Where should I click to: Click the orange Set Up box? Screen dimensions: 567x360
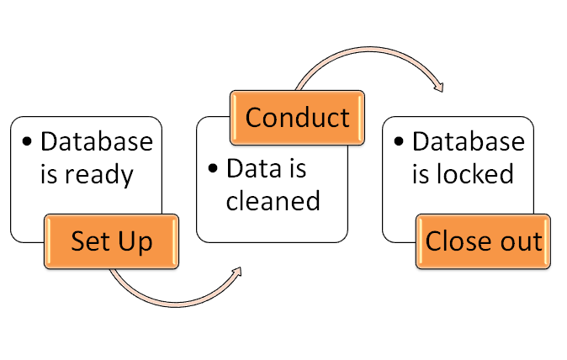tap(111, 241)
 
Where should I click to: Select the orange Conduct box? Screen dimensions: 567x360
tap(297, 118)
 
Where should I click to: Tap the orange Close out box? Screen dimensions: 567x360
tap(483, 241)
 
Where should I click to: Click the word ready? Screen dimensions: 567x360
tap(99, 175)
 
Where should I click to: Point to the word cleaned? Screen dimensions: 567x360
tap(273, 200)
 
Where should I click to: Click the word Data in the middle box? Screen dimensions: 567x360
tap(254, 168)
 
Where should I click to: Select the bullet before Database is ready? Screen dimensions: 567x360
tap(27, 141)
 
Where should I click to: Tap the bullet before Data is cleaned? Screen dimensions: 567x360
tap(213, 167)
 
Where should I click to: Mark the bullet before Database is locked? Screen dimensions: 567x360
tap(399, 141)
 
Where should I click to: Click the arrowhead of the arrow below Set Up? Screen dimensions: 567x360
tap(236, 272)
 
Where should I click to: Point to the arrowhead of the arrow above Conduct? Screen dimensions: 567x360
tap(439, 87)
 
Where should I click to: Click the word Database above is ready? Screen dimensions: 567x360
tap(97, 141)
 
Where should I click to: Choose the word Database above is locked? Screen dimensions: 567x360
tap(469, 141)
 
